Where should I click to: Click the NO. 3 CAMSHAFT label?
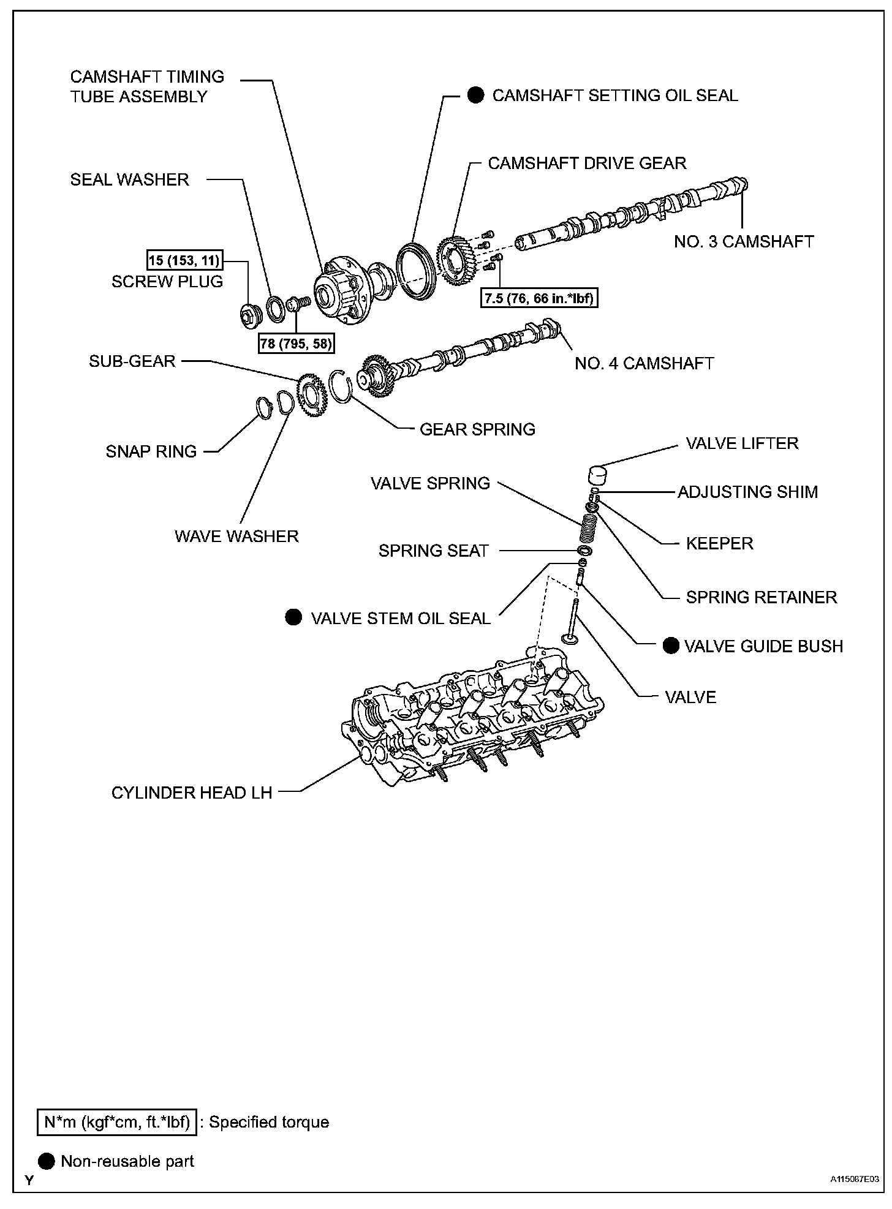(x=744, y=241)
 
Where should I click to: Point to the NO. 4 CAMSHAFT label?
(x=644, y=363)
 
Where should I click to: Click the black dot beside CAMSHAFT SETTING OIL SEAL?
(x=476, y=96)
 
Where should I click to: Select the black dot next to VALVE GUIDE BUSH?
(x=671, y=646)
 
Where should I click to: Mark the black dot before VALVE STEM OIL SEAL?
(x=294, y=617)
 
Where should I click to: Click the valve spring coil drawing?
(x=588, y=525)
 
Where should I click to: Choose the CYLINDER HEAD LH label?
(x=191, y=793)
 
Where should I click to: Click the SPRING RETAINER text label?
(x=761, y=597)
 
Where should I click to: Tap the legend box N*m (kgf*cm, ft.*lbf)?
(x=116, y=1121)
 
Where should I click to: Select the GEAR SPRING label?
(x=477, y=429)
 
